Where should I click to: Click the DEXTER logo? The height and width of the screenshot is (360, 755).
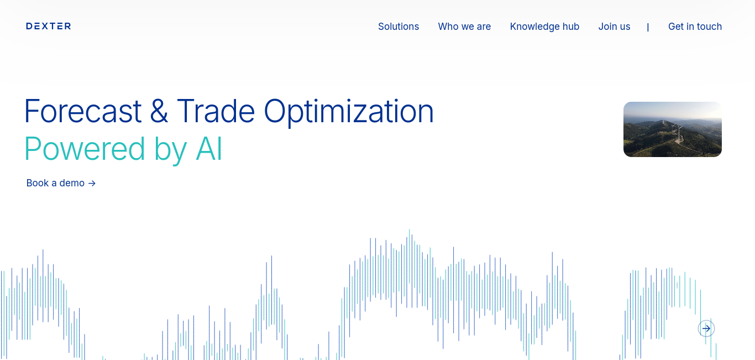pos(49,27)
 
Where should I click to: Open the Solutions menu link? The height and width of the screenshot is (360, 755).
pos(399,27)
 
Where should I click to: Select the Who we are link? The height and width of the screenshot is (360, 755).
pos(464,27)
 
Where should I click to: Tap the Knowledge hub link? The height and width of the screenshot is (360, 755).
pos(544,27)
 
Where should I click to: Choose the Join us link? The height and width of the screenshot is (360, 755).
pos(614,27)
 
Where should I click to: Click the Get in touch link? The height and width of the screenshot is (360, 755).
pos(695,27)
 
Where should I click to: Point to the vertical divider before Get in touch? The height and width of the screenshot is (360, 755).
pos(648,27)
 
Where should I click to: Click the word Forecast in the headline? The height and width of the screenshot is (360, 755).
pos(83,111)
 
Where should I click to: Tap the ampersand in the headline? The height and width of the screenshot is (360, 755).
pos(159,111)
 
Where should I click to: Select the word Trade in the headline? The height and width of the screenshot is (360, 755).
pos(216,111)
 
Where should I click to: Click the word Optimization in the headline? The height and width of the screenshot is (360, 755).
pos(349,113)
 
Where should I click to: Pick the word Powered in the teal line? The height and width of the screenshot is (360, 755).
pos(85,149)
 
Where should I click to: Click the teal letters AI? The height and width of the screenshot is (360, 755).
pos(209,149)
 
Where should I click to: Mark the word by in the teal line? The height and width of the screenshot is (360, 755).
pos(171,150)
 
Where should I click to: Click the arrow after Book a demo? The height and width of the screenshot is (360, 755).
pos(92,184)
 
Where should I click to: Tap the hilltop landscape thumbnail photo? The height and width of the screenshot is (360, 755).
pos(673,129)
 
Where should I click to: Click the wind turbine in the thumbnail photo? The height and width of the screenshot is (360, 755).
pos(677,132)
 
